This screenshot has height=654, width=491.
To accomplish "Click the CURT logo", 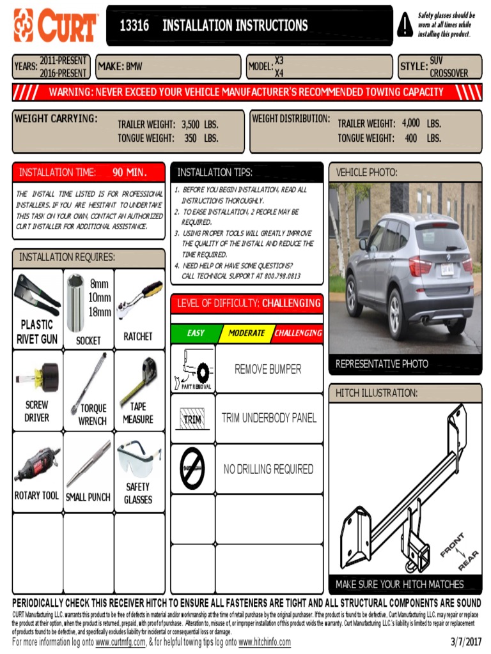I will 55,26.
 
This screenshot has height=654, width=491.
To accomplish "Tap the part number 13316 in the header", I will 134,26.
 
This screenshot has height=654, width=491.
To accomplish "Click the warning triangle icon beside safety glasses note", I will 405,25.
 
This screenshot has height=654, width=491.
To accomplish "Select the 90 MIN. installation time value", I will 129,172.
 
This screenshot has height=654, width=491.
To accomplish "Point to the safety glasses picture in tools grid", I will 139,459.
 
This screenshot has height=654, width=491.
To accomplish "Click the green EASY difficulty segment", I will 196,333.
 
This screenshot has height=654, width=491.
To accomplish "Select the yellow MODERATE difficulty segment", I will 246,333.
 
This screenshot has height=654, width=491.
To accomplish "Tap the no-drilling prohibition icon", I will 192,468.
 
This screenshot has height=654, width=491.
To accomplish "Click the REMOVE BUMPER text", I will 268,369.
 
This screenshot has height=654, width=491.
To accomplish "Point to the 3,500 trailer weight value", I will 191,125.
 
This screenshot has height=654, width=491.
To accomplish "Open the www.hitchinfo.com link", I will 264,643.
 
